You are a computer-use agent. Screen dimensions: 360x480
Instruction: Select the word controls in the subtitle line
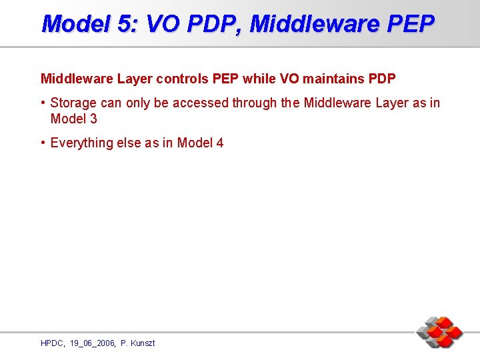(x=183, y=79)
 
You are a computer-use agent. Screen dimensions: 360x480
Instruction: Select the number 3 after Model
(x=93, y=119)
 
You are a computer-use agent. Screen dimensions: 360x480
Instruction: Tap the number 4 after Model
(x=220, y=143)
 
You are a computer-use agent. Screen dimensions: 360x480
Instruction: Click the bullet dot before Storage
(x=43, y=103)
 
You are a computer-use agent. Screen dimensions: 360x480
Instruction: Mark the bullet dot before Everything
(x=43, y=143)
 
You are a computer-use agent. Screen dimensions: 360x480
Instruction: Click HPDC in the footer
(x=52, y=343)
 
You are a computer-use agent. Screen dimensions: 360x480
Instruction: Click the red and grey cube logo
(x=439, y=331)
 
